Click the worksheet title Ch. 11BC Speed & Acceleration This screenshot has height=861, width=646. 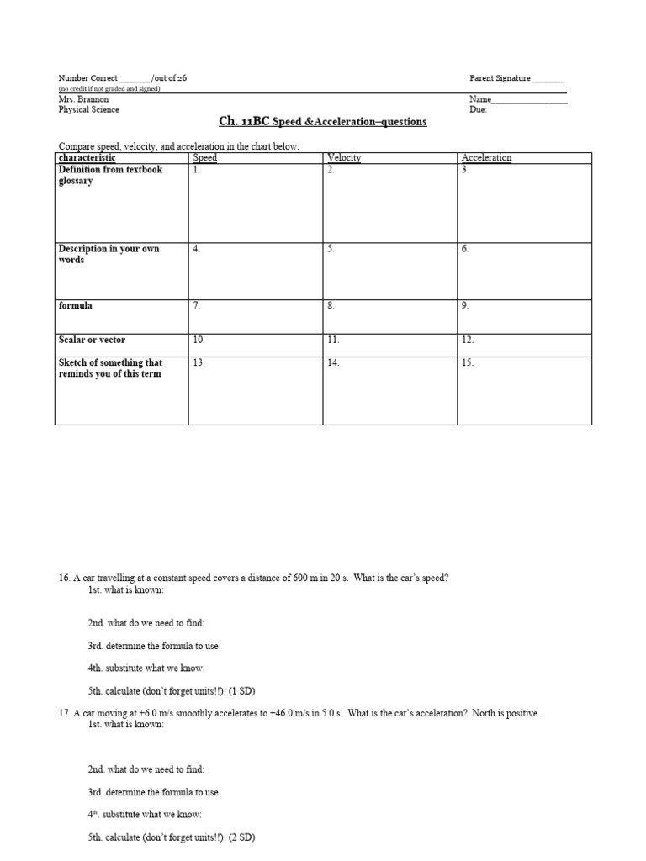[323, 122]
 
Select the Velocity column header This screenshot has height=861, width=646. [343, 158]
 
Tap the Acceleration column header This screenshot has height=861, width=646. [486, 158]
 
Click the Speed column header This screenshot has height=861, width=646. [205, 158]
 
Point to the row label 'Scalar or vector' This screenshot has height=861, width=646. [92, 340]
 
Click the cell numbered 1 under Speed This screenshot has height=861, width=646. [255, 203]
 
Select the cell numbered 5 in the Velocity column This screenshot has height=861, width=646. [389, 271]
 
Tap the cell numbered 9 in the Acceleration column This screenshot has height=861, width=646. [524, 315]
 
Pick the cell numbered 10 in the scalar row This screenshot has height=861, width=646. [255, 345]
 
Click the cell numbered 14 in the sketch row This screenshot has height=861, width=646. [389, 390]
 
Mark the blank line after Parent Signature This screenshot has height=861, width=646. [548, 80]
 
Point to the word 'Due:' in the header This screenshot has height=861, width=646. [478, 109]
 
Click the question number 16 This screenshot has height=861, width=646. [63, 578]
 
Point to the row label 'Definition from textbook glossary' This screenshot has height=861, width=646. [110, 175]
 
